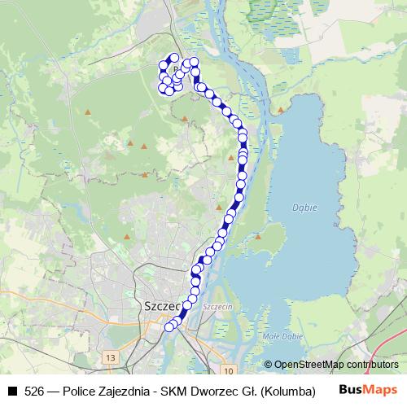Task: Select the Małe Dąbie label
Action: (x=282, y=335)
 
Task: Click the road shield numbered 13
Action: (x=111, y=357)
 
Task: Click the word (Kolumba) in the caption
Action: (x=288, y=391)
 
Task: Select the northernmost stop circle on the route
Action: (x=173, y=58)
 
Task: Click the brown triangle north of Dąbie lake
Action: (x=281, y=109)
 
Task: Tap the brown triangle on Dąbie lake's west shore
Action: (x=257, y=237)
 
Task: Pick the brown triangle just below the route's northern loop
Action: (x=185, y=119)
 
